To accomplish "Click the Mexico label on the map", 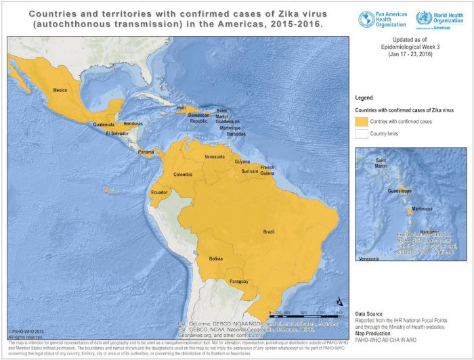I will click(62, 90).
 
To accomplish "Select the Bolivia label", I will click(216, 258).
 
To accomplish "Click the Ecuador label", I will click(160, 192).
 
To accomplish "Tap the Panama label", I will click(146, 152).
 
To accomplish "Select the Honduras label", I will click(133, 124).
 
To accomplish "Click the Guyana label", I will click(242, 162).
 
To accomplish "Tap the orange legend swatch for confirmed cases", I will click(362, 121).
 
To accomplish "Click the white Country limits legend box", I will click(362, 133).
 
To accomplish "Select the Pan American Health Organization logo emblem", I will click(366, 19).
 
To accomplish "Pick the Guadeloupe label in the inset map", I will click(400, 192).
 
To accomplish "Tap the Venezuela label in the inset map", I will click(368, 259).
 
